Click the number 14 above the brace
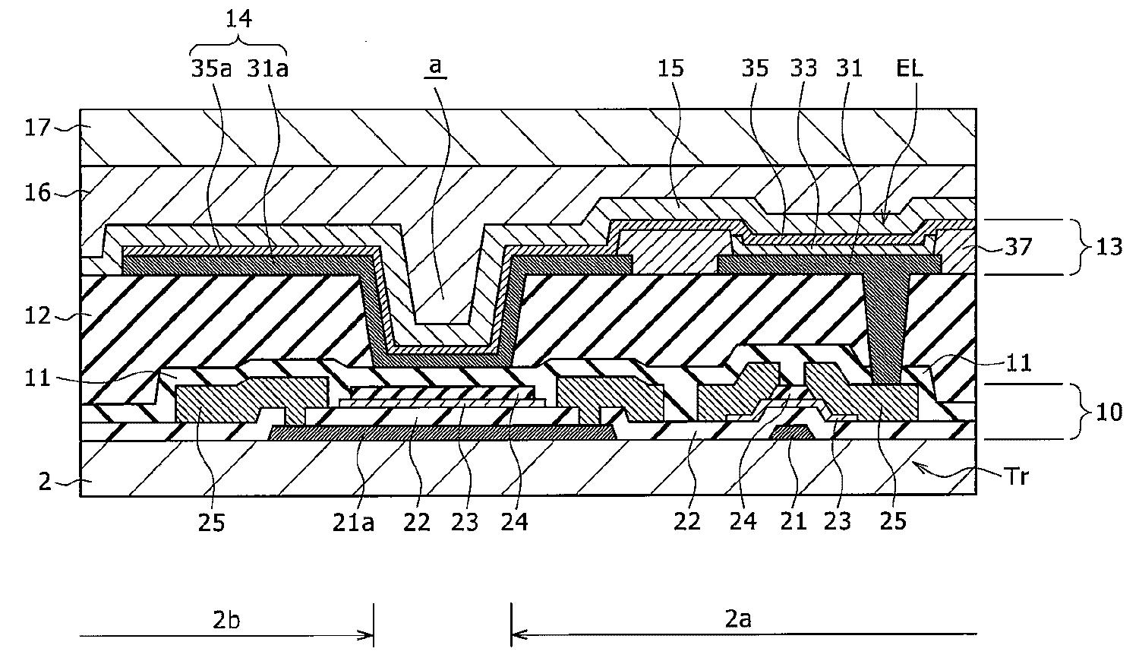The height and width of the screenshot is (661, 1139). pyautogui.click(x=238, y=19)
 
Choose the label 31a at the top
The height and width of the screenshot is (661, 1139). pyautogui.click(x=267, y=68)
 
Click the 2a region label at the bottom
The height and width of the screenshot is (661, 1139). pyautogui.click(x=736, y=620)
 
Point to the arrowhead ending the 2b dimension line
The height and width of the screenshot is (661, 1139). pyautogui.click(x=368, y=635)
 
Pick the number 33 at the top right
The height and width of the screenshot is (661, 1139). pyautogui.click(x=803, y=68)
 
